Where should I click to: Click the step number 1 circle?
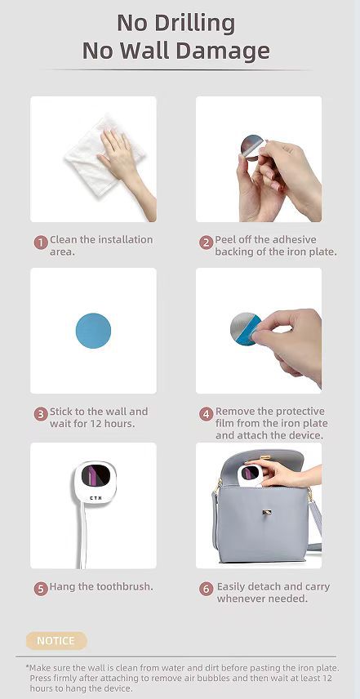coord(41,242)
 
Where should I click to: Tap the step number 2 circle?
coord(206,242)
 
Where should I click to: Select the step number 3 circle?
coord(41,414)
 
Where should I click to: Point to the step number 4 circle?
coord(206,414)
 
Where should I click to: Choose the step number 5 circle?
coord(41,588)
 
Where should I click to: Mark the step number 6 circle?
coord(206,588)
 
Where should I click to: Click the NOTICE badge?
coord(56,641)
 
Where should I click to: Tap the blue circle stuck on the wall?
coord(93,331)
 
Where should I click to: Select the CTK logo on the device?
coord(92,496)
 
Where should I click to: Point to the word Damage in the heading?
coord(225,51)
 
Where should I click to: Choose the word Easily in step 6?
coord(235,587)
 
